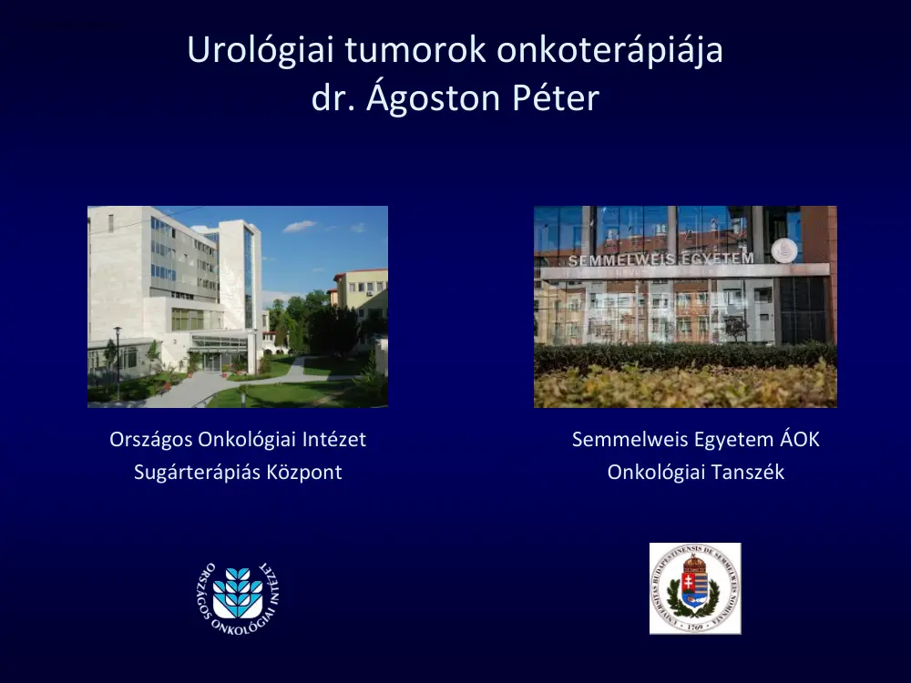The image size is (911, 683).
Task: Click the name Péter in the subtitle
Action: pyautogui.click(x=555, y=98)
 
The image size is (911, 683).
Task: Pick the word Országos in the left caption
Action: pyautogui.click(x=149, y=440)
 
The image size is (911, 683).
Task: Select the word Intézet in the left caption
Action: pyautogui.click(x=334, y=440)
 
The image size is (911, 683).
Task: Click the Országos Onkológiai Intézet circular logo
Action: pyautogui.click(x=238, y=596)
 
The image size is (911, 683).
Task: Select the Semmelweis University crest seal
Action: pyautogui.click(x=695, y=588)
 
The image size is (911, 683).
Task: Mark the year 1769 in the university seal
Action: pyautogui.click(x=695, y=627)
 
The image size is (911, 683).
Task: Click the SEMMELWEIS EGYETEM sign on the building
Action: pyautogui.click(x=660, y=259)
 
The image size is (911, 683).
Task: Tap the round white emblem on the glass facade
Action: pyautogui.click(x=783, y=250)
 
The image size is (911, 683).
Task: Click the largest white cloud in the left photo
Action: pyautogui.click(x=299, y=227)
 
